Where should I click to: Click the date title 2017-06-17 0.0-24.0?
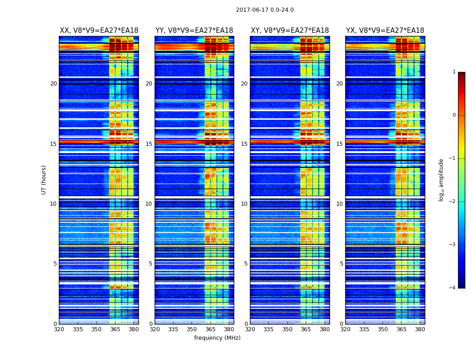(265, 10)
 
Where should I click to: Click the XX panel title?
(99, 31)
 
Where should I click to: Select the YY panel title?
(194, 31)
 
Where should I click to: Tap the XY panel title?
(290, 31)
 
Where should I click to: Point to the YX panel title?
(385, 31)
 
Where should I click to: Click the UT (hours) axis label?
(44, 180)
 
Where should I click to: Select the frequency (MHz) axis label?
(217, 338)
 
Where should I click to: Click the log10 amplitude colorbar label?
(441, 180)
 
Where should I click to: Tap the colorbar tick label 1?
(454, 72)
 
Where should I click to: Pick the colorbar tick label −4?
(453, 288)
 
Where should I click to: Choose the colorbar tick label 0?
(454, 115)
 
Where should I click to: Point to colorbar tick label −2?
(453, 202)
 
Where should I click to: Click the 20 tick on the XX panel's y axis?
(53, 84)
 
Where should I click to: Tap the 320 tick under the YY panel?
(155, 329)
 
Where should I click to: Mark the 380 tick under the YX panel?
(420, 329)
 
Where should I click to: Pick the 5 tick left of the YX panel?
(342, 264)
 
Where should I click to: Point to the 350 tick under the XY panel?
(287, 329)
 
